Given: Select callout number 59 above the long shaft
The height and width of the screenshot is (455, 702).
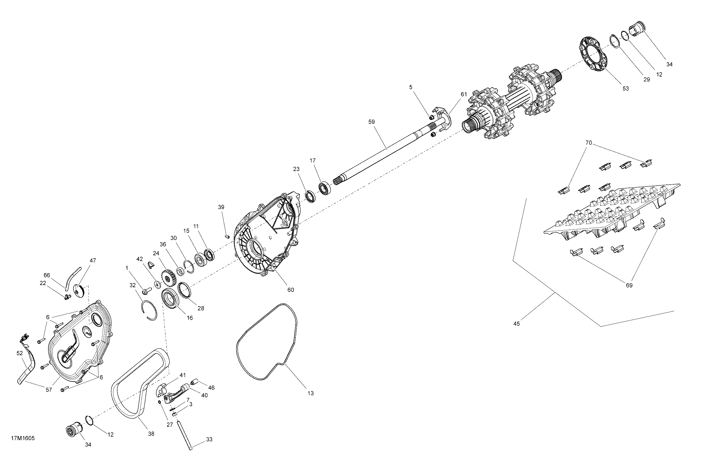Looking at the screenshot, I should [371, 122].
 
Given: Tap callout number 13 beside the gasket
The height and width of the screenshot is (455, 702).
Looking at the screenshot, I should [310, 393].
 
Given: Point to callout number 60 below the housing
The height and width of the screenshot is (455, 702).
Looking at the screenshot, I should [290, 290].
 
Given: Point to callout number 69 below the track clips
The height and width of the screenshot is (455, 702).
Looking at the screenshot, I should [629, 286].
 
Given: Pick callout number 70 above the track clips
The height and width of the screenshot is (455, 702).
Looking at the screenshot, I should [588, 143].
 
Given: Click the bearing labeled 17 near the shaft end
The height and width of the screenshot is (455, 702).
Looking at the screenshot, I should [324, 188].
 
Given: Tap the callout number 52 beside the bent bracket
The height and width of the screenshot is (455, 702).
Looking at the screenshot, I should [20, 353].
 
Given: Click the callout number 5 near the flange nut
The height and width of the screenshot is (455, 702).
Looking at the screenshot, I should [411, 87].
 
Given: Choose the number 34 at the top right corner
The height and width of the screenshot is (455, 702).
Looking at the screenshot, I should [669, 64].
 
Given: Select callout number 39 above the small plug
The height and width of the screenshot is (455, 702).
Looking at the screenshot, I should [221, 207].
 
